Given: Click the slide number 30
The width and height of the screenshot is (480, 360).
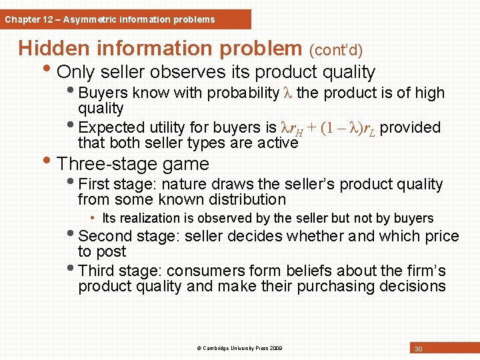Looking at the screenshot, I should (419, 349).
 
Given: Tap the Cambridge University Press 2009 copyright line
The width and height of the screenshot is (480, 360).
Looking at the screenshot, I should (240, 348).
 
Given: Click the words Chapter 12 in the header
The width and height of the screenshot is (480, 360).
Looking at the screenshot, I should (28, 19).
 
